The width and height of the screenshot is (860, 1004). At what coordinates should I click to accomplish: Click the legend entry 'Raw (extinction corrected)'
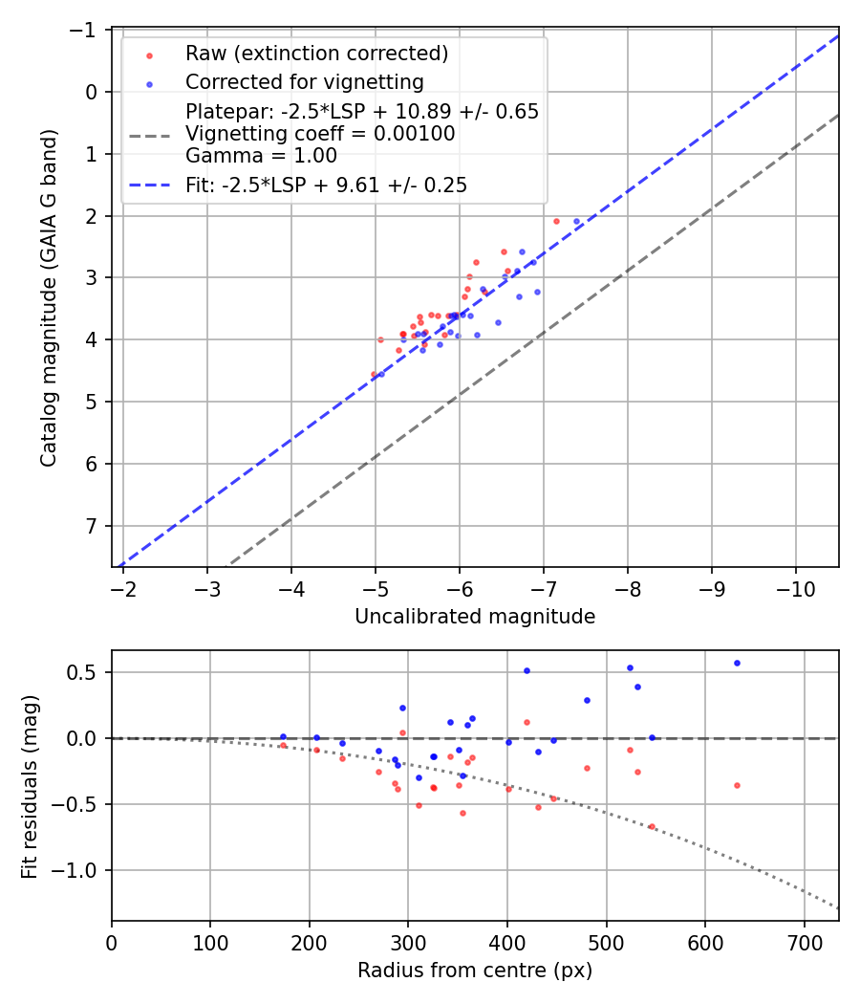pyautogui.click(x=316, y=53)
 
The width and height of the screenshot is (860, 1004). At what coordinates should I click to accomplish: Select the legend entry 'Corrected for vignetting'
pyautogui.click(x=304, y=81)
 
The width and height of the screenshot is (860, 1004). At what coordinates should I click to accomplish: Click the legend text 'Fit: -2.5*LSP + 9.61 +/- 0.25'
pyautogui.click(x=326, y=186)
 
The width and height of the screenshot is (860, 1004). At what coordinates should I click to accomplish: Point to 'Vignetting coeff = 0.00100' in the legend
pyautogui.click(x=320, y=134)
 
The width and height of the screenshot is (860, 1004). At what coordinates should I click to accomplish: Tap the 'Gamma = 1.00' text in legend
pyautogui.click(x=261, y=155)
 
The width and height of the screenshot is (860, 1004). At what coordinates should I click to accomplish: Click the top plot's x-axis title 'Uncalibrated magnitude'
pyautogui.click(x=475, y=617)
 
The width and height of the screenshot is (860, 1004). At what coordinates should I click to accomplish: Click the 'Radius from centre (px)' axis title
pyautogui.click(x=475, y=971)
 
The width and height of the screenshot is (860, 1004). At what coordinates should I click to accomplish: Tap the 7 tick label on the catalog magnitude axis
pyautogui.click(x=93, y=526)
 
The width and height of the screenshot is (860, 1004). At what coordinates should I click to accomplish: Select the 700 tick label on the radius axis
pyautogui.click(x=804, y=943)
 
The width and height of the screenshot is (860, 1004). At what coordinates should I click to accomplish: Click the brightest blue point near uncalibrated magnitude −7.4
pyautogui.click(x=576, y=221)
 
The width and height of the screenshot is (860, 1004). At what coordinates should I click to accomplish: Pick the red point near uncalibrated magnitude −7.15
pyautogui.click(x=556, y=221)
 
